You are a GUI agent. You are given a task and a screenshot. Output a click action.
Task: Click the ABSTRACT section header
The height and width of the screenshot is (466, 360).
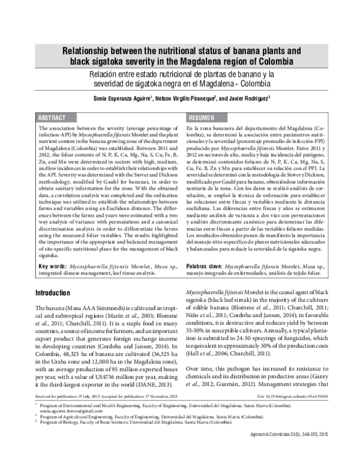[52, 118]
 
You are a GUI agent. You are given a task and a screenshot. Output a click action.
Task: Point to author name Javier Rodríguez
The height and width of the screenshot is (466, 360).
[249, 98]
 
